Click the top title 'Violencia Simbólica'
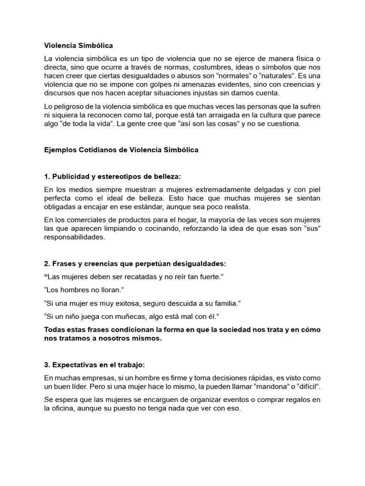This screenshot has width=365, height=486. pos(78,46)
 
